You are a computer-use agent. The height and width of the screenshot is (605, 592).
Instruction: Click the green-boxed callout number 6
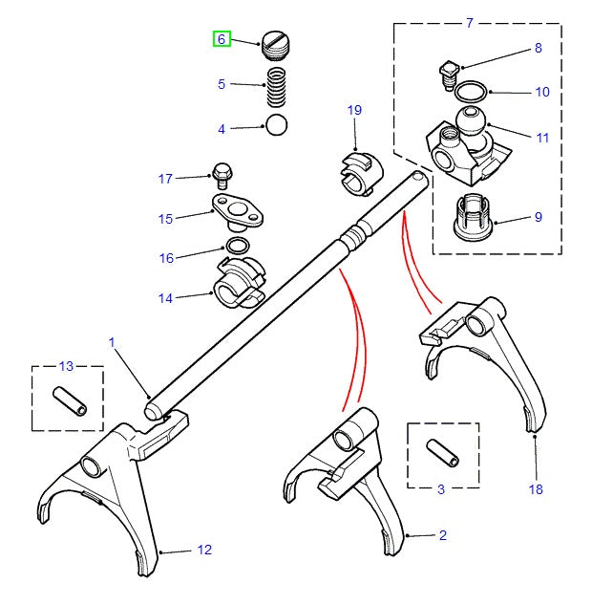click(x=221, y=39)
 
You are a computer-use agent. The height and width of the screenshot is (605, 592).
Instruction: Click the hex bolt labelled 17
click(x=222, y=175)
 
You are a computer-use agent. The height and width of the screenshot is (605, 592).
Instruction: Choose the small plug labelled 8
click(x=447, y=73)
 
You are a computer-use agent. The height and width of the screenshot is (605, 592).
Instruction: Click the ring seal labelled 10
click(x=470, y=94)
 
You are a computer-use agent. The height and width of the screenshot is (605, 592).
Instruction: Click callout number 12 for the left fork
click(x=204, y=550)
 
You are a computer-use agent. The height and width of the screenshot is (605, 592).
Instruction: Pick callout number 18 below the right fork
click(x=535, y=489)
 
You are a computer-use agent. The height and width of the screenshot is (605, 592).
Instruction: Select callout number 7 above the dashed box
click(x=469, y=22)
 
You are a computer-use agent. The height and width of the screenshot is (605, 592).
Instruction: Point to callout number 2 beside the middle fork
click(x=443, y=536)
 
